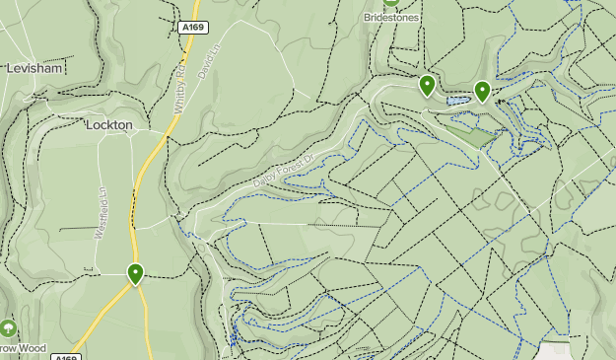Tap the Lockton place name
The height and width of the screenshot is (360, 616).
[108, 125]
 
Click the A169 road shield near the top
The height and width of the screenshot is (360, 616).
[193, 28]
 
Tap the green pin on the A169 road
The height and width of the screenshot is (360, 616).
[136, 274]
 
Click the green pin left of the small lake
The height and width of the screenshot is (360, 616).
[427, 86]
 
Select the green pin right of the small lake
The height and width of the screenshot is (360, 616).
[482, 92]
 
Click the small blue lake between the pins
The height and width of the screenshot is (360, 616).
[457, 101]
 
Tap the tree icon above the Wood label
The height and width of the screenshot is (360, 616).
[9, 328]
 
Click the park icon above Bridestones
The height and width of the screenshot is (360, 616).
[392, 3]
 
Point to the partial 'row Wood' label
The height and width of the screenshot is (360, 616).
[23, 348]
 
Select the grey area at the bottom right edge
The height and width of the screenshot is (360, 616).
[555, 351]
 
